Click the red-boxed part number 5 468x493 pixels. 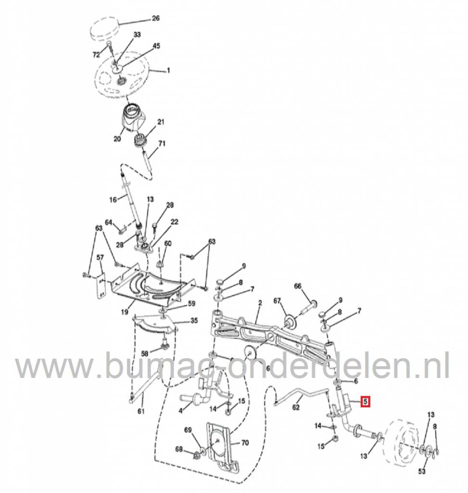[366, 401]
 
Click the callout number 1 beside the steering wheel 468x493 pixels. [168, 71]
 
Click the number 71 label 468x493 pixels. [162, 143]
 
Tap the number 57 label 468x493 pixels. [100, 258]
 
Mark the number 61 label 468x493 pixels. [140, 411]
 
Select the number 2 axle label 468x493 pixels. [260, 303]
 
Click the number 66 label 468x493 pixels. [297, 287]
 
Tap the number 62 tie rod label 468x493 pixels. [296, 407]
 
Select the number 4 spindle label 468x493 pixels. [180, 410]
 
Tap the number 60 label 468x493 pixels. [167, 244]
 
